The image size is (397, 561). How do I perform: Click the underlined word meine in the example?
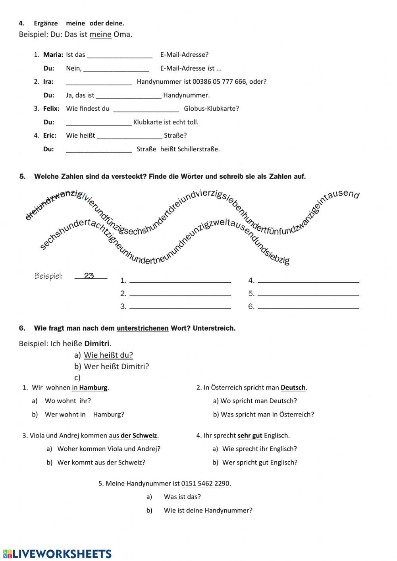click(100, 35)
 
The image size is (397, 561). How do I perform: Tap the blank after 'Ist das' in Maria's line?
click(119, 55)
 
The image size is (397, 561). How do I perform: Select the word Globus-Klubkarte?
click(211, 108)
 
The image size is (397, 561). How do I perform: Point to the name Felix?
click(51, 108)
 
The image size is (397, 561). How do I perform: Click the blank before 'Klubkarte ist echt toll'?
click(98, 122)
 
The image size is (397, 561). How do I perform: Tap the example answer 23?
click(89, 276)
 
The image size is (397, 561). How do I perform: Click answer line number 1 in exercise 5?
click(180, 280)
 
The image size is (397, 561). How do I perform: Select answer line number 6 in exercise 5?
click(308, 307)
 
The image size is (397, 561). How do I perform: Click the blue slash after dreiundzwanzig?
click(84, 196)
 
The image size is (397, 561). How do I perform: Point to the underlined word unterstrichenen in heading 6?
click(143, 328)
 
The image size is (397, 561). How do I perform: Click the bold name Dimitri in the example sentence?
click(97, 343)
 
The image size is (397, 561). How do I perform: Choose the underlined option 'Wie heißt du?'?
click(108, 355)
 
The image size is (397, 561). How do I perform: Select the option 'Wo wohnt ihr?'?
click(67, 401)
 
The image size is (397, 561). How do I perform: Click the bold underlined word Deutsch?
click(293, 387)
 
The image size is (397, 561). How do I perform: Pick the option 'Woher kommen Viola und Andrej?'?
click(109, 449)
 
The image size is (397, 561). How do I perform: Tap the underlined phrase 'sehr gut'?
click(250, 436)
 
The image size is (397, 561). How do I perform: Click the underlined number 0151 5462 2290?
click(205, 484)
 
